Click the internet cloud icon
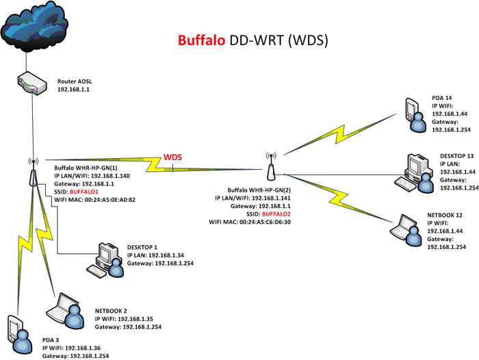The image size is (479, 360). [x=34, y=26]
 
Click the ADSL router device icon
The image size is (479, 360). [x=31, y=83]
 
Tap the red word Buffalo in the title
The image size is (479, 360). [x=201, y=40]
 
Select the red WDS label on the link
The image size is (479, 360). [x=172, y=157]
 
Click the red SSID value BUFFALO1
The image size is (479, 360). [x=84, y=192]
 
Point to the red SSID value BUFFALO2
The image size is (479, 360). [x=276, y=214]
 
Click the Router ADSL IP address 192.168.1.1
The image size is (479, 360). [x=73, y=90]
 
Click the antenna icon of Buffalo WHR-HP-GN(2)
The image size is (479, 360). [x=271, y=166]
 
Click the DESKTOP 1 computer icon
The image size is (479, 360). [x=105, y=260]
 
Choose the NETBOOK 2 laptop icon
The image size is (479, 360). [x=66, y=309]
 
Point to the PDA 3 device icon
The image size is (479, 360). [x=20, y=335]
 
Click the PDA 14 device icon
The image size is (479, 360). [x=415, y=115]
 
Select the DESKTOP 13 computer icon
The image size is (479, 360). [x=414, y=173]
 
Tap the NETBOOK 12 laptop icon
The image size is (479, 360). [x=406, y=230]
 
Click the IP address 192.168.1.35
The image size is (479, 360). [x=135, y=319]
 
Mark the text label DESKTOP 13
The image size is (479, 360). [x=456, y=156]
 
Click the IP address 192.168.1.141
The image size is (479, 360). [x=271, y=198]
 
